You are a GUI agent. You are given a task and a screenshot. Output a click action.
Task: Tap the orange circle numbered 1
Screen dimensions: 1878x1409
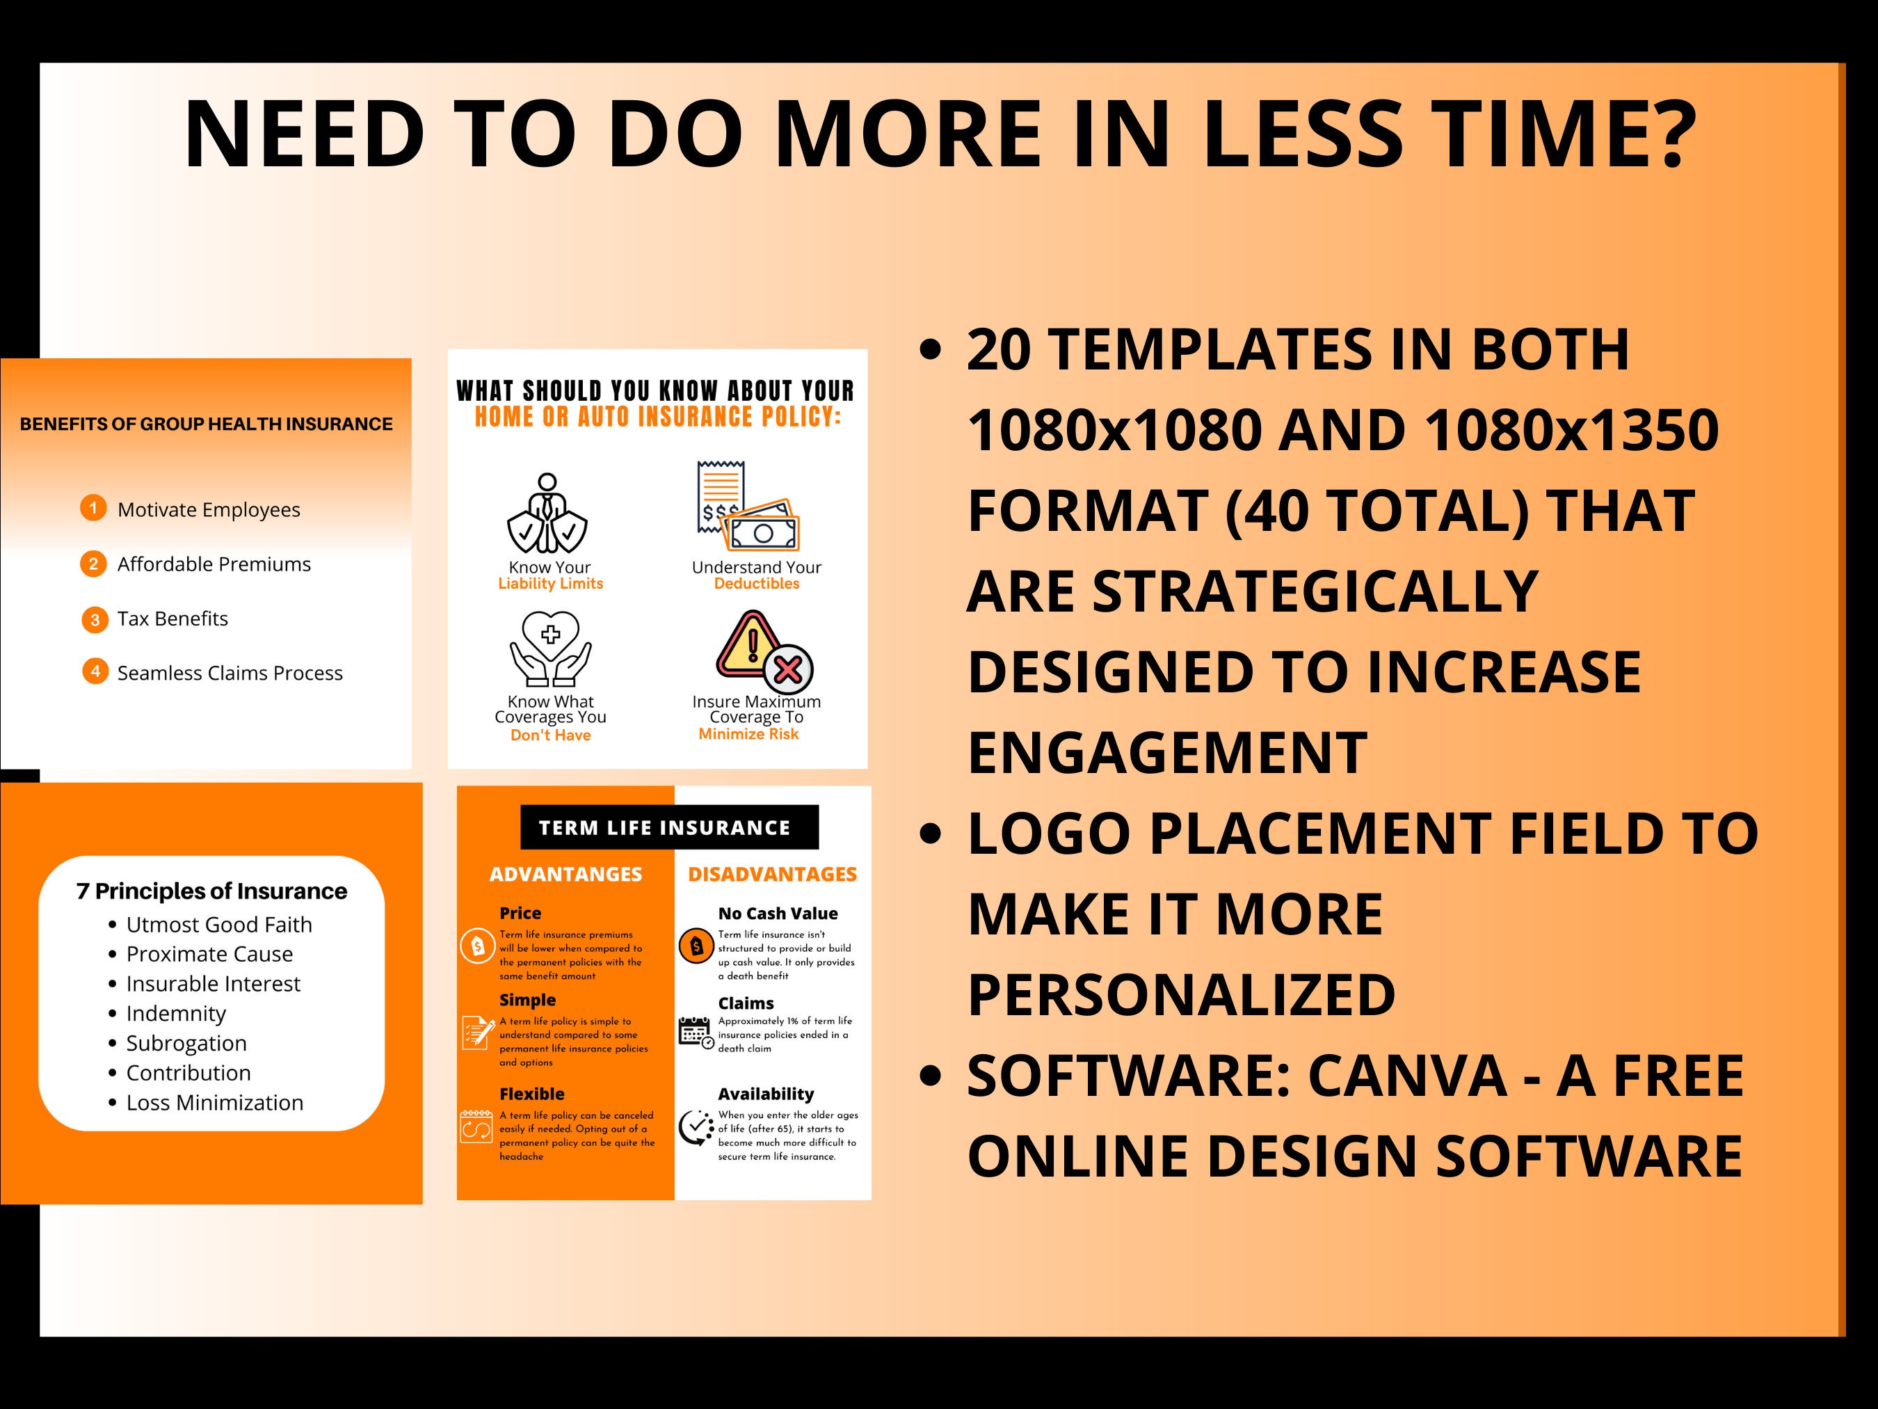[x=93, y=508]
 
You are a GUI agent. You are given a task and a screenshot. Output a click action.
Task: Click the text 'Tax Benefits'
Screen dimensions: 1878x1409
[x=172, y=619]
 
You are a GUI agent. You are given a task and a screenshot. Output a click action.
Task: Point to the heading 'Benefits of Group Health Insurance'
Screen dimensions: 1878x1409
[x=207, y=424]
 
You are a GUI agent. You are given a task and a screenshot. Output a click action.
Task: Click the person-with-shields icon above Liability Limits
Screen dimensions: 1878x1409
[x=547, y=513]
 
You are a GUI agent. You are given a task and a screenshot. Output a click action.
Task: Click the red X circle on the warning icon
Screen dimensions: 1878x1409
[x=788, y=669]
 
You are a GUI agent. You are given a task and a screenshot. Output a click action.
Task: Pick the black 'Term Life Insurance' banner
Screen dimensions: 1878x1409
[x=670, y=827]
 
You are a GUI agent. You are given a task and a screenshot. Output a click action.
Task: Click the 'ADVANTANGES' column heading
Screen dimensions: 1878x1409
[x=565, y=874]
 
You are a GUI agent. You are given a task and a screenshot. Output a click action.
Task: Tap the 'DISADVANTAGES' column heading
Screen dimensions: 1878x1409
[x=773, y=874]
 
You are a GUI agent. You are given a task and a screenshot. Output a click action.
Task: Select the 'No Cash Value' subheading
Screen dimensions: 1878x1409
[x=778, y=914]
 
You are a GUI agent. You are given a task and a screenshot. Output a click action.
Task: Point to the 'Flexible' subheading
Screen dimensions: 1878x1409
[x=531, y=1094]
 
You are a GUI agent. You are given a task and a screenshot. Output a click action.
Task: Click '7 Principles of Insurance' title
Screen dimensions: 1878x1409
[x=211, y=891]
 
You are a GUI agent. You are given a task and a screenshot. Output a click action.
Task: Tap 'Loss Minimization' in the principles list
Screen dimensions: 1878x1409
[x=215, y=1102]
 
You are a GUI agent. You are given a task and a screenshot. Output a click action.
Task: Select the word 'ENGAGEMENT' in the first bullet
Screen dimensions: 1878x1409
[x=1167, y=752]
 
